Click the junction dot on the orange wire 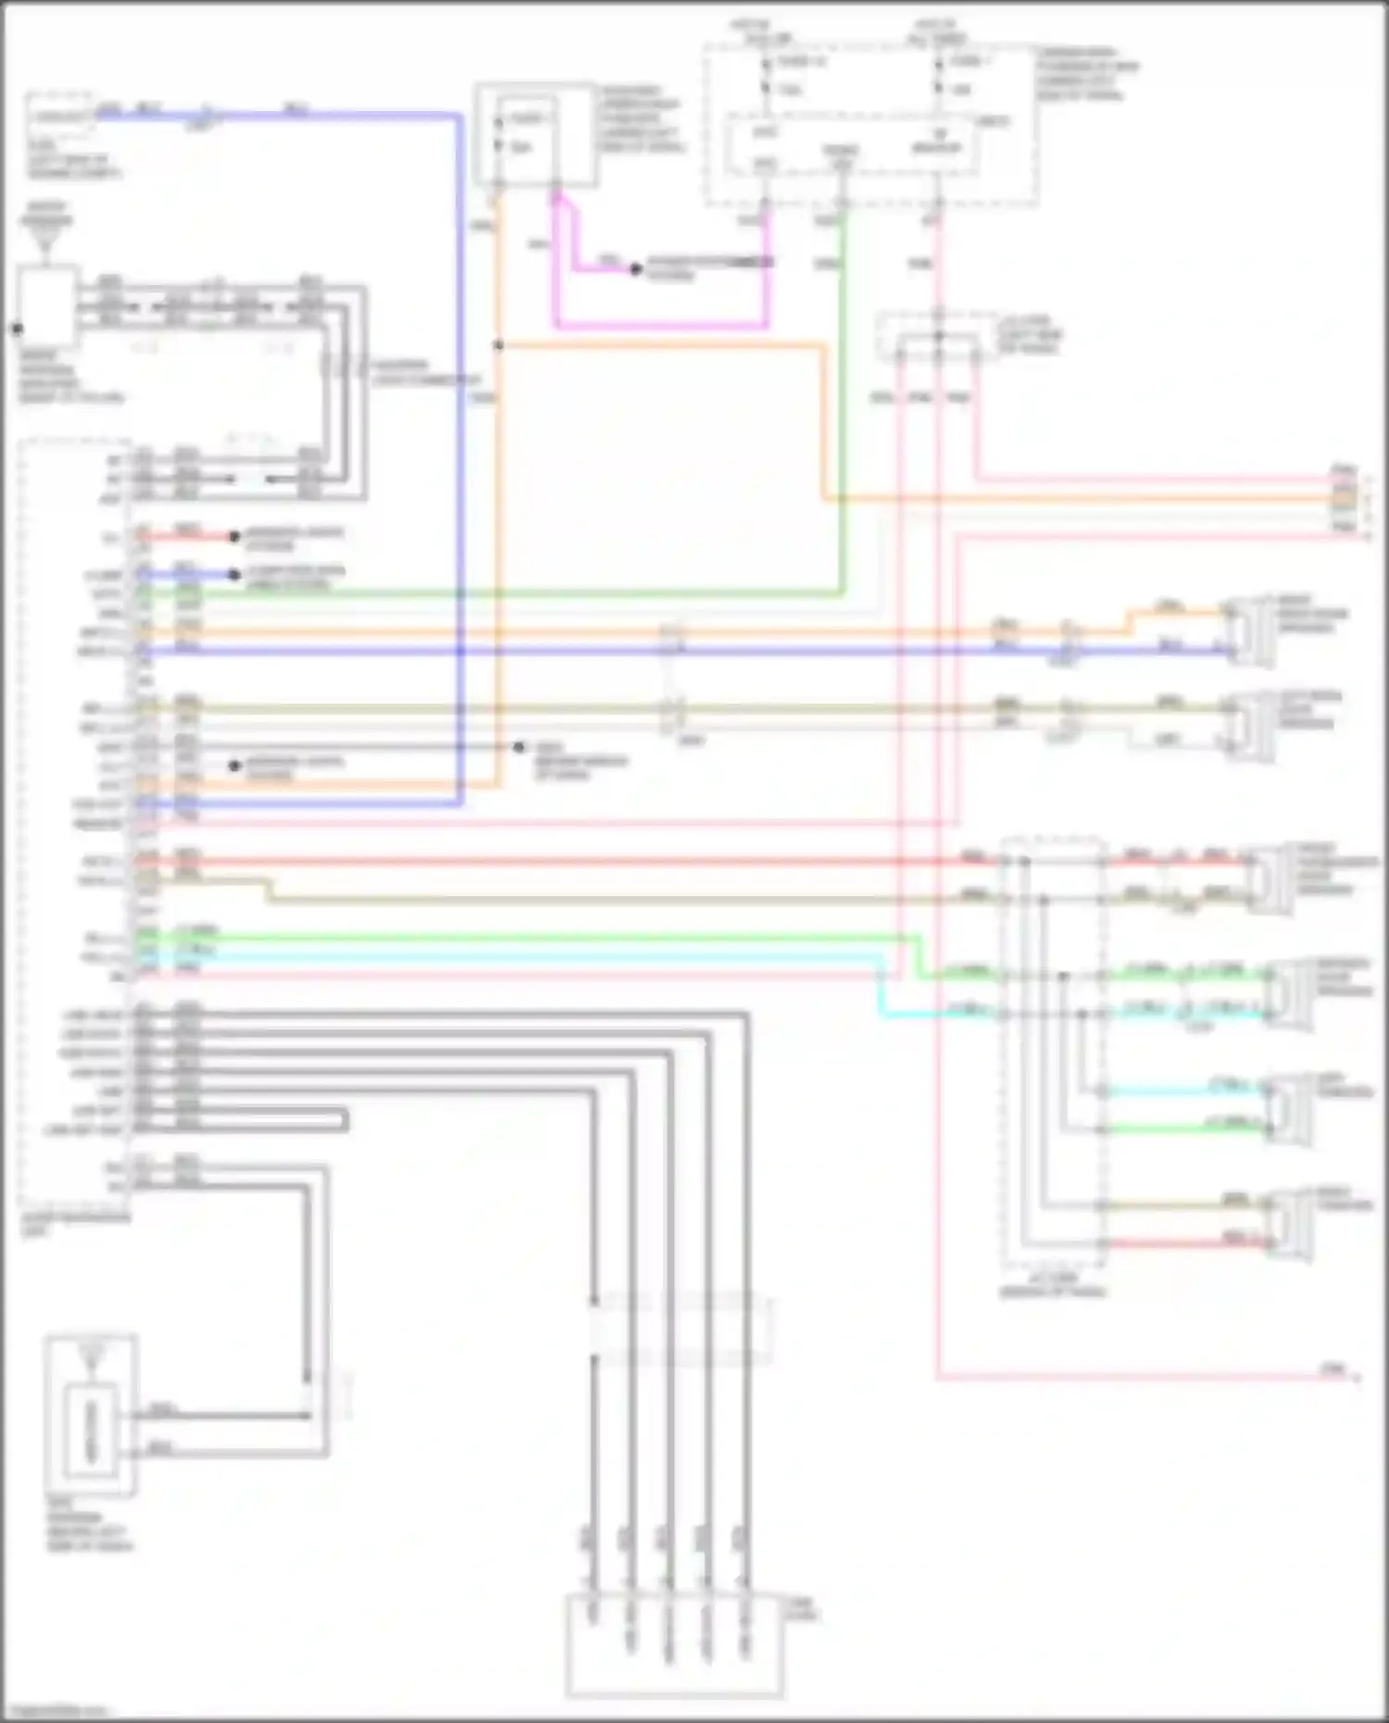click(498, 345)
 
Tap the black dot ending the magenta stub click(635, 269)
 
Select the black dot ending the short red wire click(234, 536)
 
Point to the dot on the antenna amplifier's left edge click(17, 328)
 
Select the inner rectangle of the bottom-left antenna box click(90, 1430)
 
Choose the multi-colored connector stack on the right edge click(1343, 500)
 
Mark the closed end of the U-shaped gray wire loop click(345, 1120)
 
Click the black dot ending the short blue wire click(234, 574)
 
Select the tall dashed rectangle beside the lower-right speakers click(1053, 1051)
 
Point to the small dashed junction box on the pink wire click(937, 337)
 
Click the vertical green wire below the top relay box click(842, 398)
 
